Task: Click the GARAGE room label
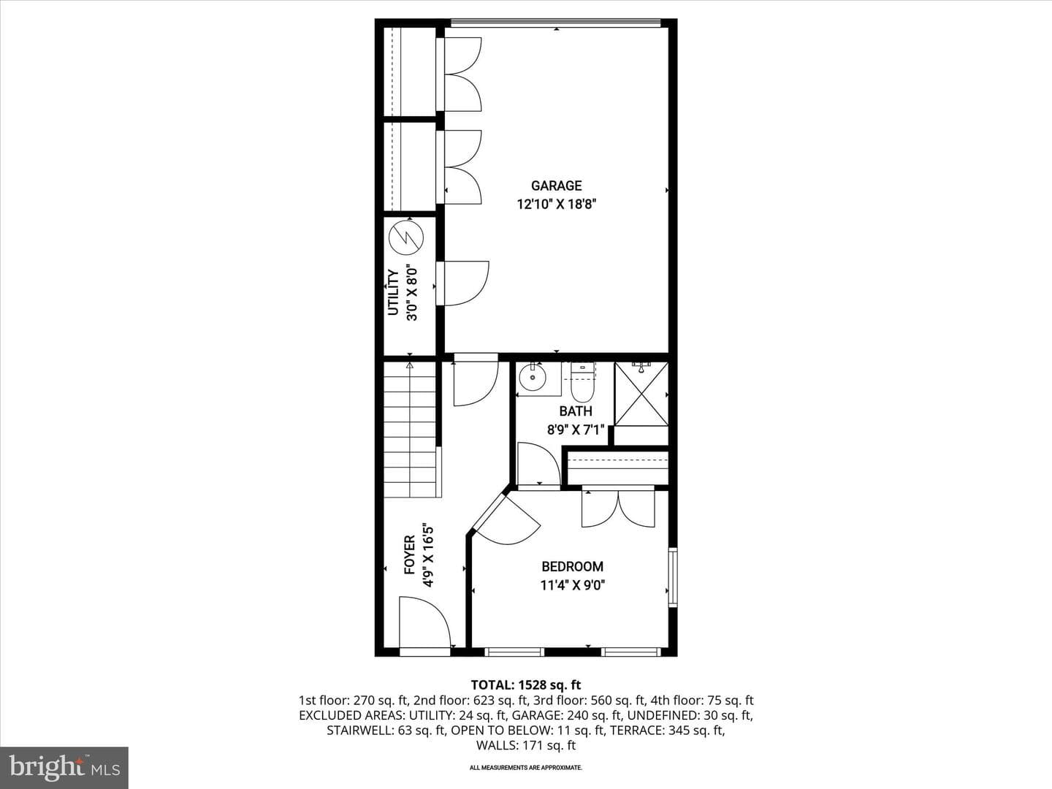tap(556, 186)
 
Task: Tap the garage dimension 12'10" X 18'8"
tap(556, 205)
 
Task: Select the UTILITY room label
tap(393, 292)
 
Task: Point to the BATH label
tap(576, 411)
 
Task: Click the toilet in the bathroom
tap(583, 383)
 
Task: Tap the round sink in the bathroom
tap(533, 378)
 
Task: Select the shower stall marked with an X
tap(641, 394)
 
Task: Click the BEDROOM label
tap(572, 567)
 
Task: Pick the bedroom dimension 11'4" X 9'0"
tap(572, 585)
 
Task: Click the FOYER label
tap(409, 554)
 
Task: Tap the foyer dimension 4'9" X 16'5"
tap(428, 554)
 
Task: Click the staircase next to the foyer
tap(411, 430)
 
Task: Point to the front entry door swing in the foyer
tap(424, 622)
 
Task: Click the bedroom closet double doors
tap(618, 508)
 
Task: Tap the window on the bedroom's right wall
tap(673, 577)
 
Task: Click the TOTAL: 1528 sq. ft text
tap(526, 685)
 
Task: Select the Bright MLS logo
tap(64, 767)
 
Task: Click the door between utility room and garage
tap(462, 283)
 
